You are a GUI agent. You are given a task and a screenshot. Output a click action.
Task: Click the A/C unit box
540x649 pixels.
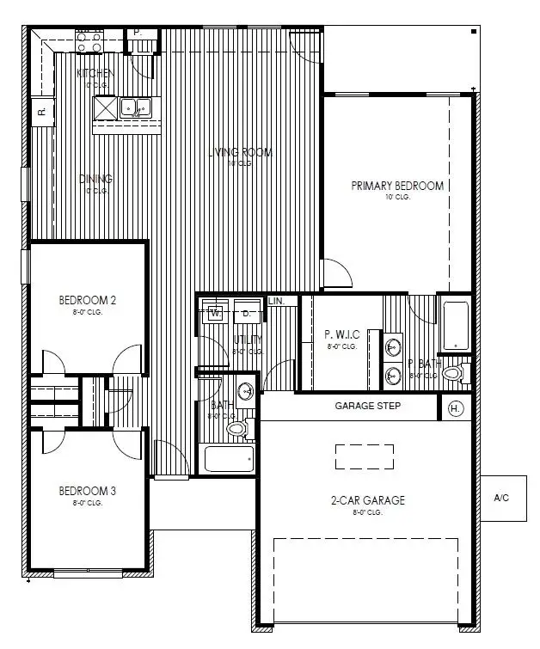point(503,498)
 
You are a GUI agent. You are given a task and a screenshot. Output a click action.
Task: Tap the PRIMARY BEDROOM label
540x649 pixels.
point(397,186)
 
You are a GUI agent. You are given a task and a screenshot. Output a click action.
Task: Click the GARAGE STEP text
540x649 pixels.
point(367,406)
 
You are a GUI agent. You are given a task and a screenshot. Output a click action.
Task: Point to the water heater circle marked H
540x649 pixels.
point(456,408)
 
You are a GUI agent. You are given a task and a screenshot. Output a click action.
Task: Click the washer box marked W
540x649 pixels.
point(214,313)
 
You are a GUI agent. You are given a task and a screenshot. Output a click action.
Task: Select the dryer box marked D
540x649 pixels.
point(246,313)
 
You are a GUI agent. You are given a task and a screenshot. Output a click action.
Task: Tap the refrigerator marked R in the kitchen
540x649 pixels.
point(40,111)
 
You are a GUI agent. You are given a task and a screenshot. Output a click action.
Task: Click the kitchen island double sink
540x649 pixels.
point(136,107)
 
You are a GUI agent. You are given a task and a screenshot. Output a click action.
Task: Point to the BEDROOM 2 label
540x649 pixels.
point(87,300)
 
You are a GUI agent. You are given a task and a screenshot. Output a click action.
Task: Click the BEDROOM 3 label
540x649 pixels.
point(87,491)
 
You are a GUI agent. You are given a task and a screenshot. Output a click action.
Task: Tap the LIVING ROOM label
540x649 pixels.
point(242,153)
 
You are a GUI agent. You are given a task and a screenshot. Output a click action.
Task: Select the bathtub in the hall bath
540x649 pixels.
point(230,458)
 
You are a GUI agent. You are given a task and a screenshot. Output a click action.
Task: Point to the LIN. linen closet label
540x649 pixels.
point(276,302)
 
